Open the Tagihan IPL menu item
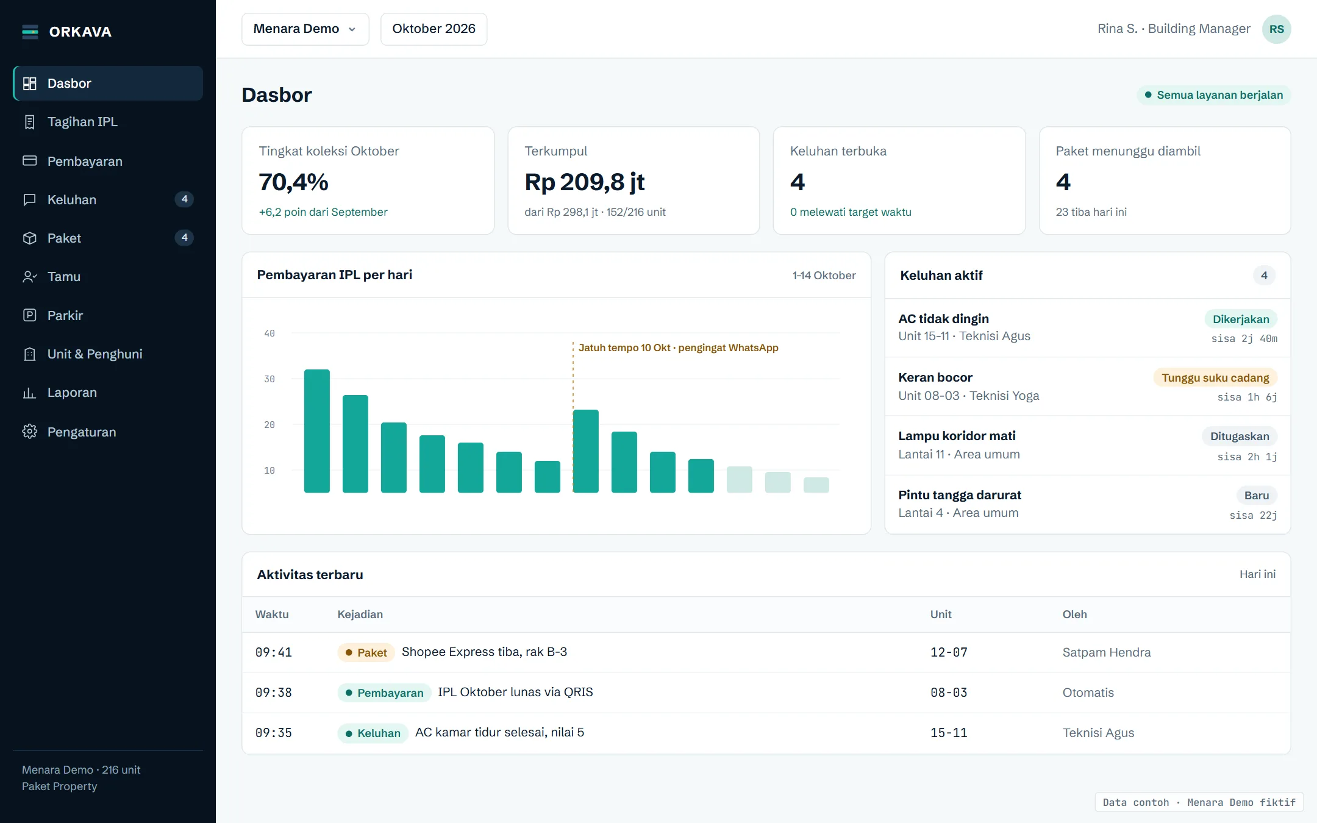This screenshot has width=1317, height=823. (x=82, y=122)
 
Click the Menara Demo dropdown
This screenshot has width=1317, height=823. (x=305, y=29)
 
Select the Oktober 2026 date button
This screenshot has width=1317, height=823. (x=434, y=29)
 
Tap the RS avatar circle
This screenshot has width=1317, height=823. (x=1276, y=29)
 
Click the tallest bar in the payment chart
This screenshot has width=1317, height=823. (x=317, y=431)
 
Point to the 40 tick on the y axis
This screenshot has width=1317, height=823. (x=269, y=333)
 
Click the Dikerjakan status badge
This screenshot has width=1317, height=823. (x=1241, y=319)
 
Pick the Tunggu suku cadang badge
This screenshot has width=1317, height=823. (x=1215, y=377)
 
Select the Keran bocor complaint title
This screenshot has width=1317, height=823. (x=935, y=377)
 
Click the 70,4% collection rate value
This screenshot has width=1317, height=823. (x=293, y=182)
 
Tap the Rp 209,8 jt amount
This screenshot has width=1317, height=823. (x=584, y=182)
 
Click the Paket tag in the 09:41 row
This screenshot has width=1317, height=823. (x=366, y=652)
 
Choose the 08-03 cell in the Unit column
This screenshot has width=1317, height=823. (x=949, y=693)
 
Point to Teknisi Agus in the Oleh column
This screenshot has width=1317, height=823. (x=1098, y=733)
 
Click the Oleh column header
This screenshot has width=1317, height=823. (x=1074, y=615)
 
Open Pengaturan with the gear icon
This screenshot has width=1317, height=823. (x=30, y=432)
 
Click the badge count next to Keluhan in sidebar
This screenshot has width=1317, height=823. (x=184, y=199)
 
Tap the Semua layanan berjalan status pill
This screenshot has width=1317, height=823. (x=1213, y=95)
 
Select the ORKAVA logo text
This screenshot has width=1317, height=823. (x=80, y=32)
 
